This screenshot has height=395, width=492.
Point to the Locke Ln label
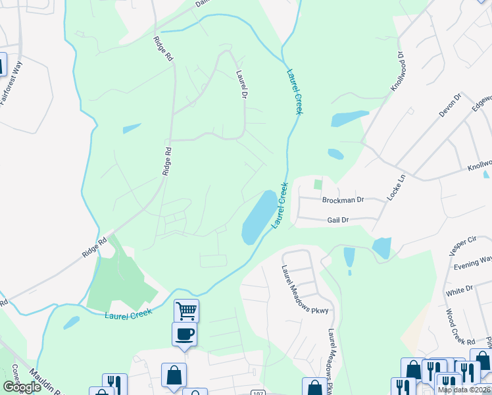[x=397, y=188]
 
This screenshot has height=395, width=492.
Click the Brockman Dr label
[x=342, y=199]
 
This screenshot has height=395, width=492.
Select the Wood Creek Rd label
[x=460, y=327]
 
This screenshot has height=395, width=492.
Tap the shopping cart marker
[x=186, y=309]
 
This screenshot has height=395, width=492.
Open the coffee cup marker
[x=184, y=333]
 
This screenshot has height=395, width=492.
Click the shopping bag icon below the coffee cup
[x=174, y=375]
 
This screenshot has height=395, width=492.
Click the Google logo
[x=22, y=387]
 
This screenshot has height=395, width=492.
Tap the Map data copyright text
[x=464, y=390]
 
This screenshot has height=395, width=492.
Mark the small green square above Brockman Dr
[x=318, y=184]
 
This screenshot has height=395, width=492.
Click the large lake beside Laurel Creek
[x=258, y=217]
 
